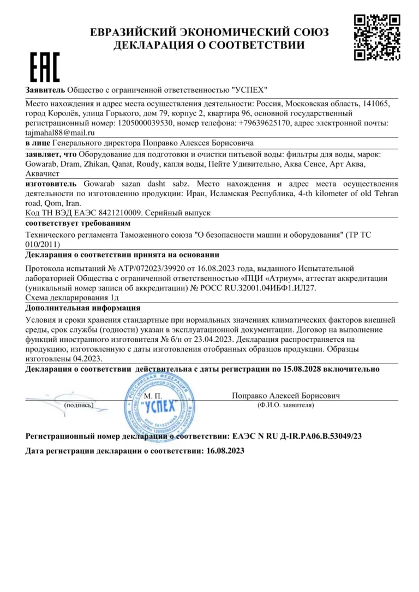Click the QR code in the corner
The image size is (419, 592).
(377, 37)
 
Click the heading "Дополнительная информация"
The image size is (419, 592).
(75, 308)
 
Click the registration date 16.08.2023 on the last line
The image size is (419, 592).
(224, 451)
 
